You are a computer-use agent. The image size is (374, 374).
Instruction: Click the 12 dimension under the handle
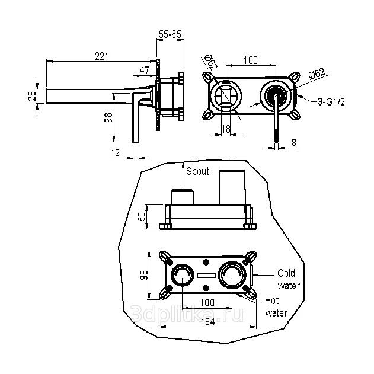tap(116, 153)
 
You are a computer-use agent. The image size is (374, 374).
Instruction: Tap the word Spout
tap(197, 172)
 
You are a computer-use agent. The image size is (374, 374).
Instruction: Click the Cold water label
tap(289, 279)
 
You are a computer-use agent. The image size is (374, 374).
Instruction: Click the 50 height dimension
tap(142, 216)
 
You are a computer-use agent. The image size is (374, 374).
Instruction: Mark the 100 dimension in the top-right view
tap(250, 60)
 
